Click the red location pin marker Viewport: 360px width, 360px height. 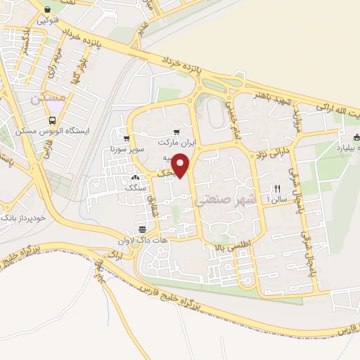[182, 166]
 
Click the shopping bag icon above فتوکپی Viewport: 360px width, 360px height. [47, 11]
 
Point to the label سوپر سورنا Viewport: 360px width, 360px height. [127, 149]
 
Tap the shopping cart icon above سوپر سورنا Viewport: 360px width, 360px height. [127, 139]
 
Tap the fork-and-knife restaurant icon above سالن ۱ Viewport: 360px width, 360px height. [276, 188]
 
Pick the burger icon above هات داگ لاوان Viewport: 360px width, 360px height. [142, 230]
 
